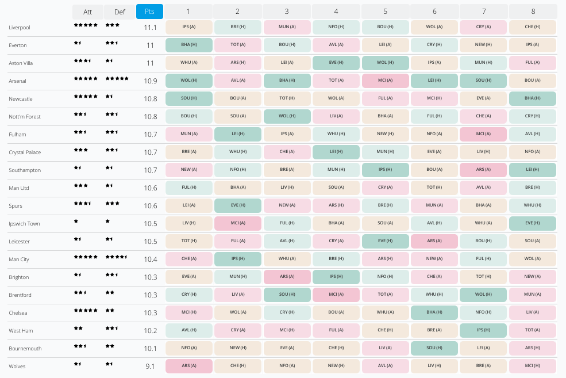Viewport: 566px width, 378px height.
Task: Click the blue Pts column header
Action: point(149,12)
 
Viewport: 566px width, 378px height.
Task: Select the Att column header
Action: point(87,12)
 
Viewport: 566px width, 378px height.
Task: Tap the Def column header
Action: point(119,12)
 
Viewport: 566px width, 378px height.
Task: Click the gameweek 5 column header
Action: point(385,12)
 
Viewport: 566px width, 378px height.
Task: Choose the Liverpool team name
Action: point(20,28)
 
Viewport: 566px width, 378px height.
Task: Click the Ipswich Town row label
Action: point(24,224)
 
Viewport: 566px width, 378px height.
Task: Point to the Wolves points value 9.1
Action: point(151,366)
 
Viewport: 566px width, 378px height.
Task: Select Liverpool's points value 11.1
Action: point(150,28)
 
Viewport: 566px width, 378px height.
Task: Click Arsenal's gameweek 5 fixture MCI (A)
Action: point(385,81)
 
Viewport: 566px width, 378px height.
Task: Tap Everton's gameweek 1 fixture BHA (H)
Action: point(188,45)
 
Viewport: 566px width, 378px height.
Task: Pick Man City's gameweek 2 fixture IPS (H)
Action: point(237,259)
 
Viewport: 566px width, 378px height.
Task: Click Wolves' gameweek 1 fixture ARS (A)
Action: point(188,366)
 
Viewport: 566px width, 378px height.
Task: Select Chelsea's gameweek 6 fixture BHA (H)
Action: point(434,313)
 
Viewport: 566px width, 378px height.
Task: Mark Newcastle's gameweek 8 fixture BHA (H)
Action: point(532,99)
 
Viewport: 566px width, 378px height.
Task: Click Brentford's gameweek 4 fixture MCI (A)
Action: point(336,295)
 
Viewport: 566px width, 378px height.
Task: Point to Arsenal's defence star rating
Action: point(117,79)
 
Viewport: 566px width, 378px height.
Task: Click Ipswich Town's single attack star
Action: point(76,222)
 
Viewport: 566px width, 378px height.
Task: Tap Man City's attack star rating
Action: point(86,257)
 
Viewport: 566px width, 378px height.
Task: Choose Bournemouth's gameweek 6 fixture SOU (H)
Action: point(434,349)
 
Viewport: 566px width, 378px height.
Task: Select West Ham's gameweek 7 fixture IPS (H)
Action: point(483,331)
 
